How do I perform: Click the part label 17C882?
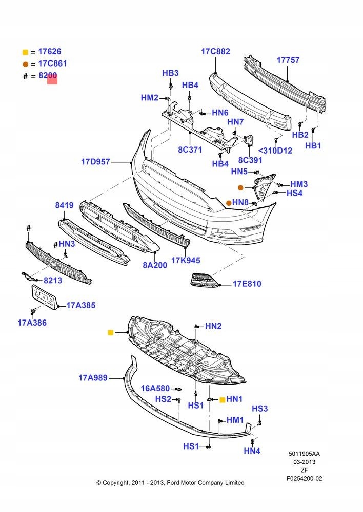(215, 51)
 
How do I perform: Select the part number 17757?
(288, 60)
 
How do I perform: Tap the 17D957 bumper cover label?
(95, 162)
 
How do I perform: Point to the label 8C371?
(191, 150)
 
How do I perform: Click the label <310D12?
(275, 151)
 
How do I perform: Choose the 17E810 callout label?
(247, 283)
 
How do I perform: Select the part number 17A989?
(93, 378)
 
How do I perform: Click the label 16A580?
(155, 389)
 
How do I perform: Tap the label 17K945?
(186, 260)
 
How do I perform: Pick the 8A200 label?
(155, 265)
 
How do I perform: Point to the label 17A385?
(81, 306)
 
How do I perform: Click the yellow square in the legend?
(25, 52)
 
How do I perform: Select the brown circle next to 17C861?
(25, 64)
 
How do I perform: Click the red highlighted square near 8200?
(52, 78)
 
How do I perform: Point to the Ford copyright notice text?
(170, 482)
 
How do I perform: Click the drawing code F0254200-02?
(305, 478)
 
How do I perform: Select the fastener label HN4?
(252, 451)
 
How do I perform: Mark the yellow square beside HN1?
(222, 399)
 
